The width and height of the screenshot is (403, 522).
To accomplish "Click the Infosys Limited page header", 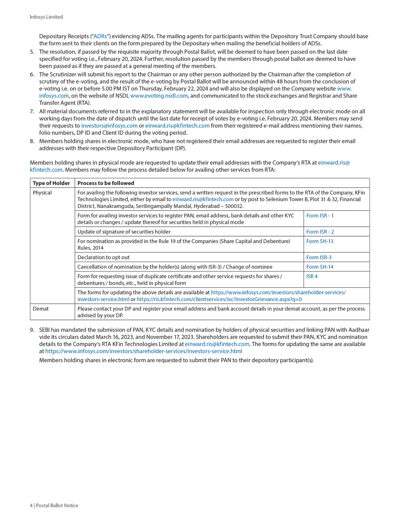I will click(46, 17).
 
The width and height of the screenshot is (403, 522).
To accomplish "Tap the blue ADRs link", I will click(100, 36).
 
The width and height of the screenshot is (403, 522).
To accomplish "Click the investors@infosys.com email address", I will click(109, 125).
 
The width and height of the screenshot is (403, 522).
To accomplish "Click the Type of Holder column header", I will click(51, 183).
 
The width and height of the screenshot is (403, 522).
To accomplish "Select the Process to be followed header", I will click(106, 183).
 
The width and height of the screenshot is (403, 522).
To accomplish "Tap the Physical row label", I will click(42, 193).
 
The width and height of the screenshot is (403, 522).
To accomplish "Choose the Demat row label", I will click(41, 309).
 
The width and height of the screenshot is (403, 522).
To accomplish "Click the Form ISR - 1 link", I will click(320, 216).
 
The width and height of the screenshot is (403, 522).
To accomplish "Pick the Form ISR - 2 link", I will click(320, 232).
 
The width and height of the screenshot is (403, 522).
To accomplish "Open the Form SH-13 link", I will click(320, 241).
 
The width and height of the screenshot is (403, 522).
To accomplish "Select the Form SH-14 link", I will click(320, 267).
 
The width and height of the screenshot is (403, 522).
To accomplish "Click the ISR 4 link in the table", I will click(312, 276).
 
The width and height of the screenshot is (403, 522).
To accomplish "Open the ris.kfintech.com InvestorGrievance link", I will click(219, 299).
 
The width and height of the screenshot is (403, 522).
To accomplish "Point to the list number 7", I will click(32, 112).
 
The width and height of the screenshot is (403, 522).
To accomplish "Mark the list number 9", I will click(32, 330).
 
